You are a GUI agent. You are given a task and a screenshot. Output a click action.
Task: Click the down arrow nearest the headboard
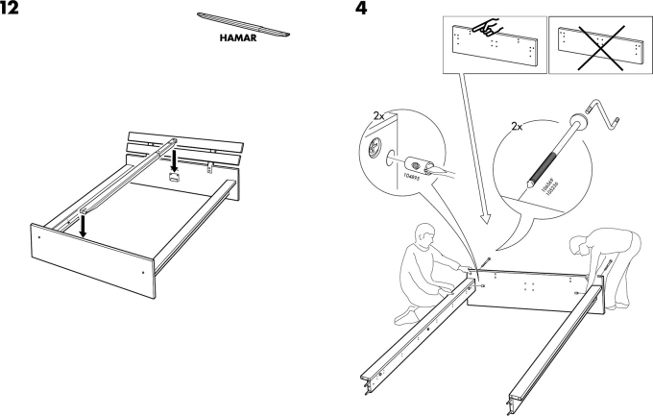174,155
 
